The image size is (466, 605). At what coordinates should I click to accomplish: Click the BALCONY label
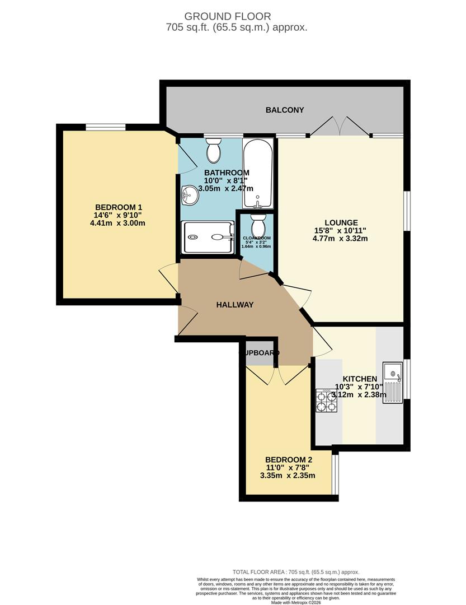285,110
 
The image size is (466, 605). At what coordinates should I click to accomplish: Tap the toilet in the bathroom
214,150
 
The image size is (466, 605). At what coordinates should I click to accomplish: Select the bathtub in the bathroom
258,174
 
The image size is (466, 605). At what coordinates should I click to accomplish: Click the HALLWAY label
235,305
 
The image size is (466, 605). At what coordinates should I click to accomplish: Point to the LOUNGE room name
344,222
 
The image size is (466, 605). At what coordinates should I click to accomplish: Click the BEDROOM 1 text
118,206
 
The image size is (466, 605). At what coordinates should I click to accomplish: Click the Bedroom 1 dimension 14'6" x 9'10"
118,215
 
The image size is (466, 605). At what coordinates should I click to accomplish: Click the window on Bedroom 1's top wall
105,127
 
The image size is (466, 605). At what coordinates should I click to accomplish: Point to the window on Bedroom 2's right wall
335,474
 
